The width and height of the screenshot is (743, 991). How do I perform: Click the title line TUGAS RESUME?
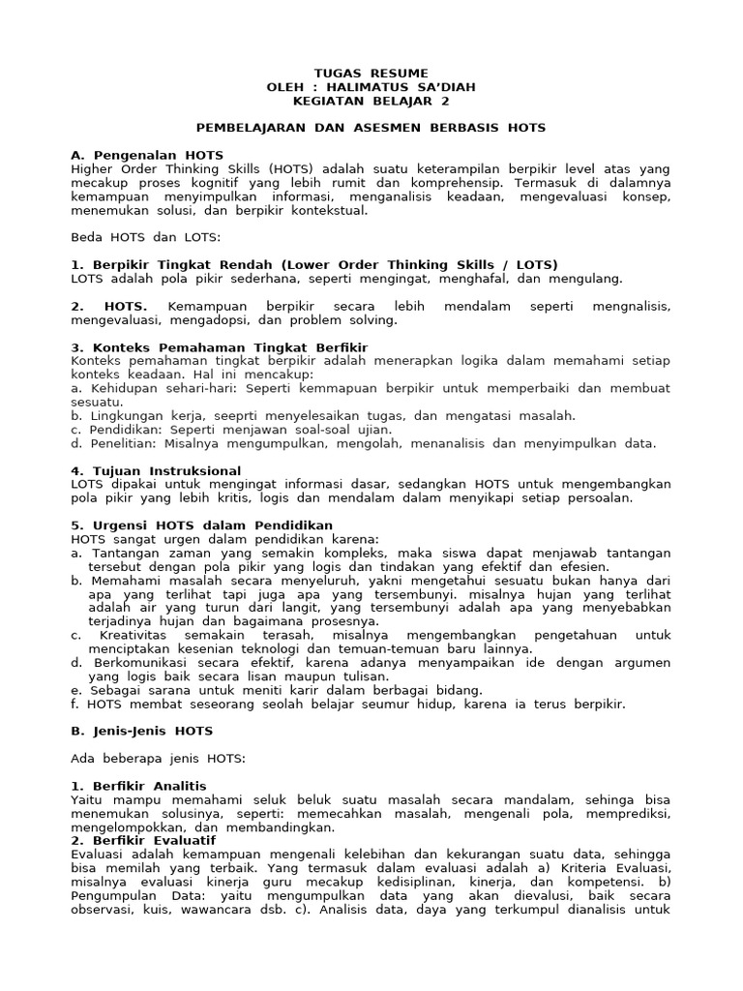(371, 74)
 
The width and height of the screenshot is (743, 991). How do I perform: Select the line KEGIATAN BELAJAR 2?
(371, 101)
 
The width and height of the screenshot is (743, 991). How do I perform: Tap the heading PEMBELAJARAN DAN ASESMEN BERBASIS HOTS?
(371, 128)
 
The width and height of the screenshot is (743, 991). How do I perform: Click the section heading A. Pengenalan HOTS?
(147, 155)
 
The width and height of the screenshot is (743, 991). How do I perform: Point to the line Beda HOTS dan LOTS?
(145, 237)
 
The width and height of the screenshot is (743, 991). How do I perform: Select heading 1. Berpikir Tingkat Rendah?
(314, 264)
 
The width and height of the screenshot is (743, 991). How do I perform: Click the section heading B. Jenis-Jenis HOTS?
(142, 731)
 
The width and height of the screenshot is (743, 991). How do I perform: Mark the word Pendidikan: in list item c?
(120, 430)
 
